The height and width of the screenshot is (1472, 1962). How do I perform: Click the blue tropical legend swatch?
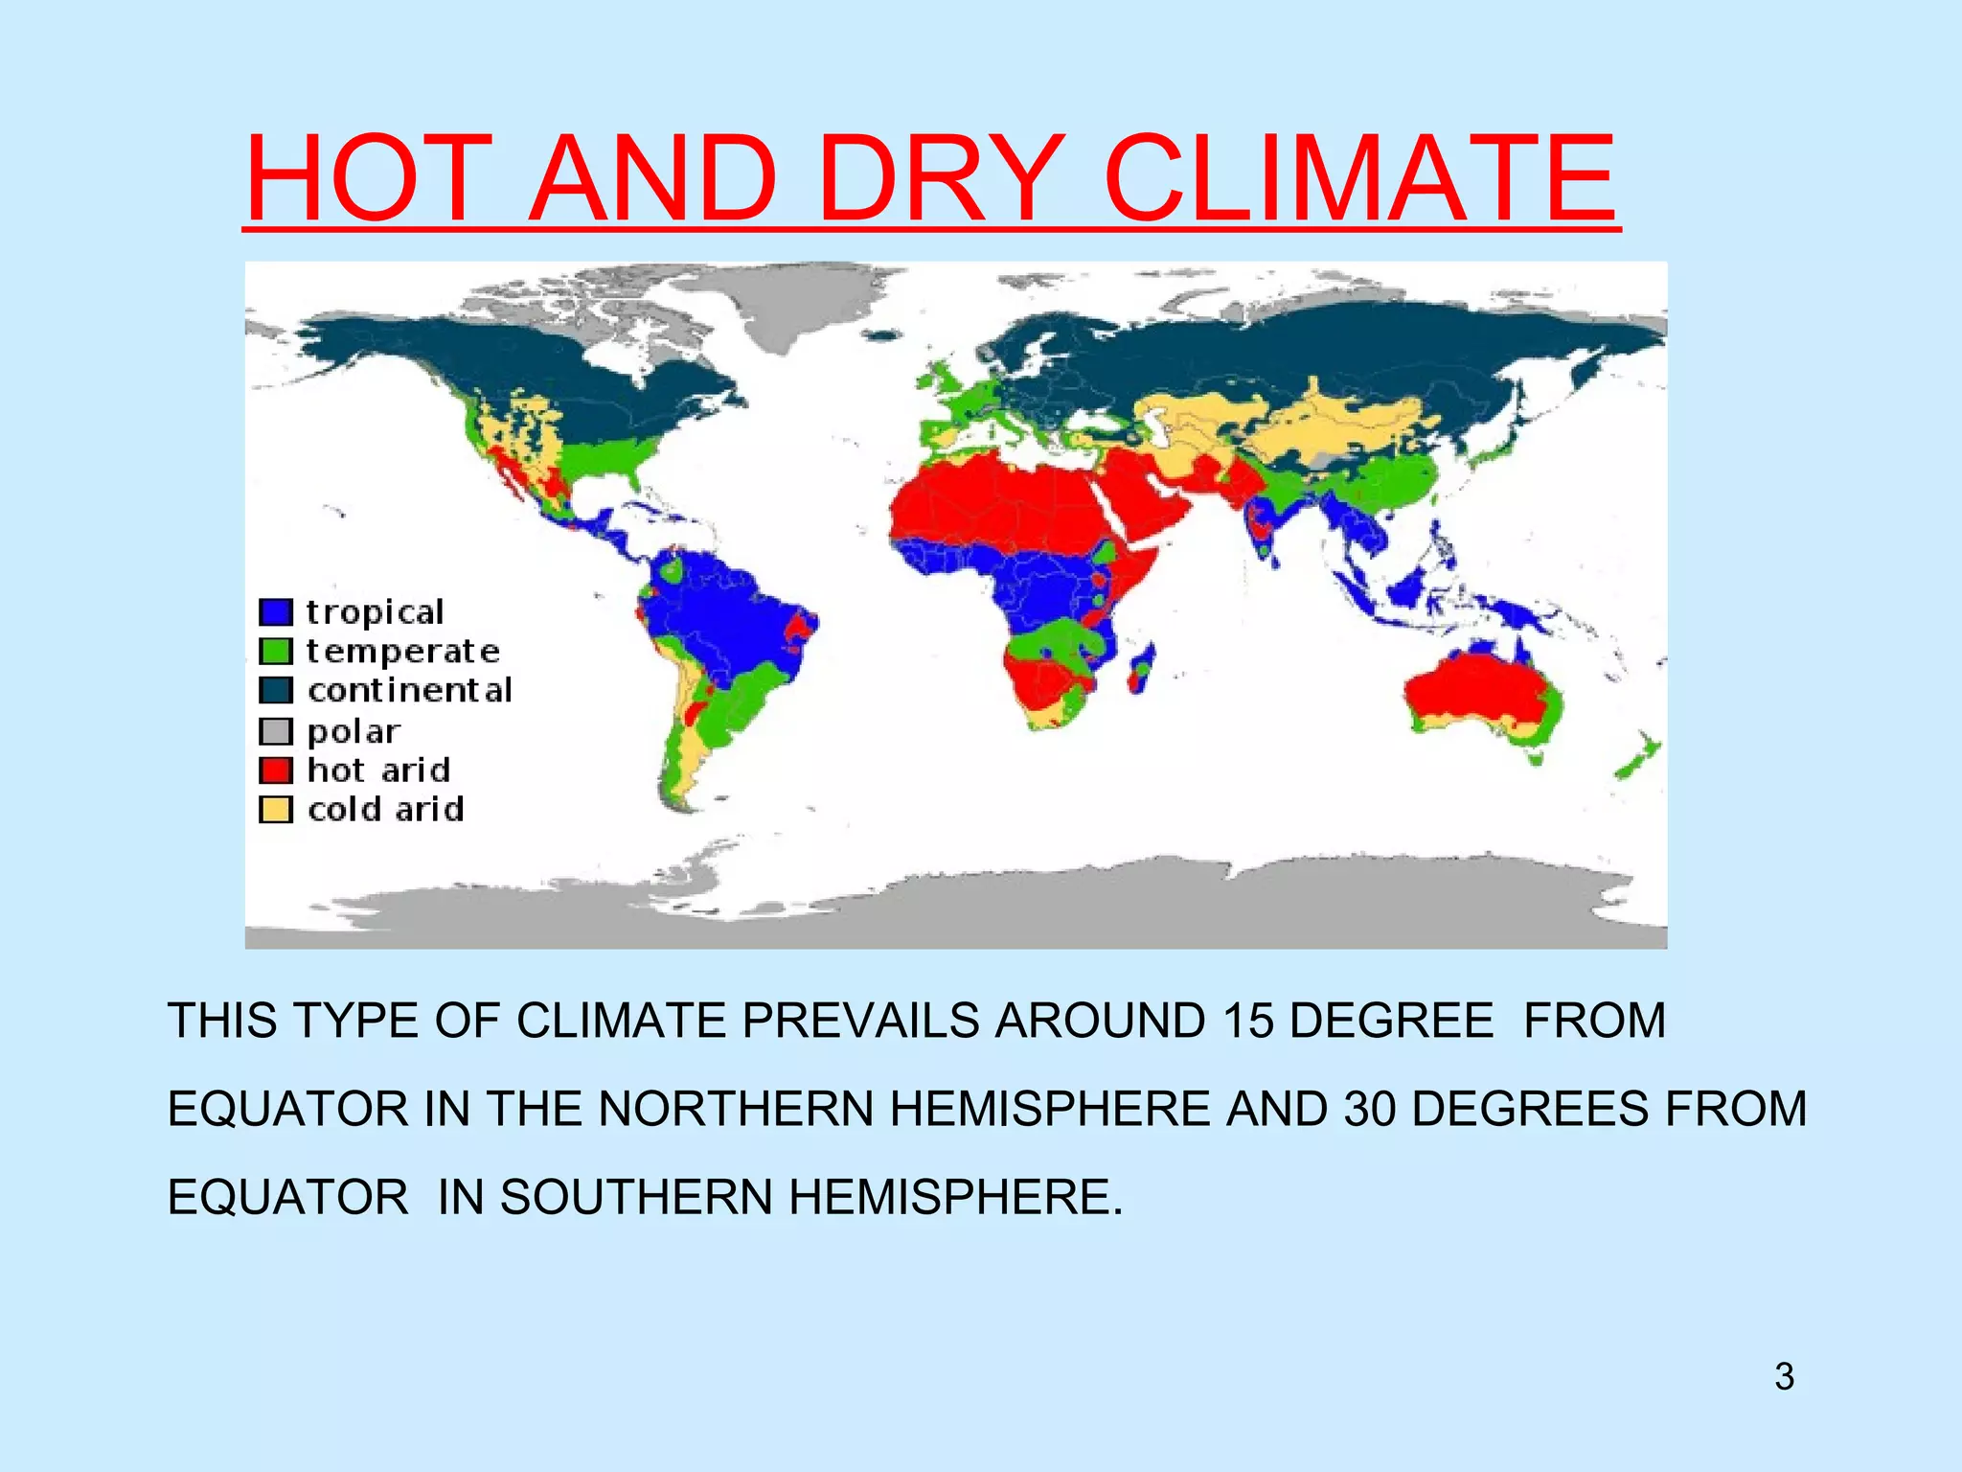pyautogui.click(x=276, y=611)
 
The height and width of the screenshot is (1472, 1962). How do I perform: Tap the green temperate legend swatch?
pyautogui.click(x=276, y=651)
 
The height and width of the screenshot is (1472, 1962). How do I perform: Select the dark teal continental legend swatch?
pyautogui.click(x=276, y=690)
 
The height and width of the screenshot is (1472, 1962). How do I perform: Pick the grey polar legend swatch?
pyautogui.click(x=276, y=731)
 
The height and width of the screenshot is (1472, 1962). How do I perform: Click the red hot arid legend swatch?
pyautogui.click(x=276, y=770)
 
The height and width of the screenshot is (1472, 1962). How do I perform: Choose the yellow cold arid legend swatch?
pyautogui.click(x=276, y=810)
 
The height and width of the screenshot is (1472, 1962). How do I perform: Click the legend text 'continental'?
pyautogui.click(x=410, y=690)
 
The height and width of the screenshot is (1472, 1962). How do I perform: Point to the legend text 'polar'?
pyautogui.click(x=354, y=731)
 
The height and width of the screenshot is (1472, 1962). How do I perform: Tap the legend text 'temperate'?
pyautogui.click(x=403, y=652)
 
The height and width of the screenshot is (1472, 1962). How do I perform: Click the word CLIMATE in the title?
pyautogui.click(x=1360, y=179)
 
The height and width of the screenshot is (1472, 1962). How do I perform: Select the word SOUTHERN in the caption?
pyautogui.click(x=635, y=1197)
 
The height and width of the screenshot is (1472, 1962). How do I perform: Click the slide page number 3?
pyautogui.click(x=1784, y=1376)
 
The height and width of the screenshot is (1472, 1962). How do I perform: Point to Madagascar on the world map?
pyautogui.click(x=1141, y=667)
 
